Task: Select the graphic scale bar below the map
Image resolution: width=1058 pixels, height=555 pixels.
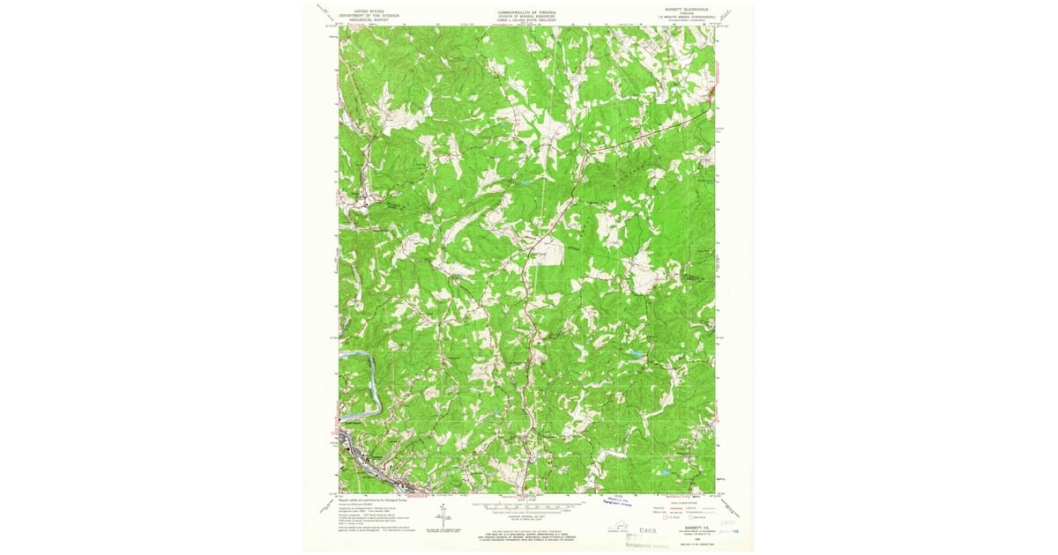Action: (527, 507)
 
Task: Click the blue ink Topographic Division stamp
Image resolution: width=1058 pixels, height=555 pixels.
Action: (622, 502)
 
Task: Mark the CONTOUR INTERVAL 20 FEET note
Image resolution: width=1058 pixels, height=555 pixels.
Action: (527, 518)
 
